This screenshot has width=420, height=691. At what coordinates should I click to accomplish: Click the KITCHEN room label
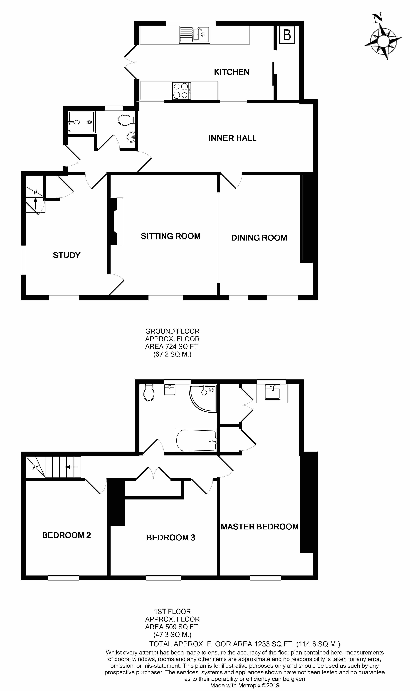tap(231, 72)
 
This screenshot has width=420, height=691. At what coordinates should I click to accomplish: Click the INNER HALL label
tap(232, 138)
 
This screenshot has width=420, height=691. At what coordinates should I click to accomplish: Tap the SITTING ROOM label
tap(171, 236)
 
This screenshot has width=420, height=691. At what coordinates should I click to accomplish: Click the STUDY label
tap(67, 255)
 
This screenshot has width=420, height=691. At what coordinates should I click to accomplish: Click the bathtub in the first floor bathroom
tap(196, 440)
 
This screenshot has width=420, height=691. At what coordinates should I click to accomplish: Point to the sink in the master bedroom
tap(272, 392)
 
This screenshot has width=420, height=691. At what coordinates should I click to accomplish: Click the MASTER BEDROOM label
tap(259, 527)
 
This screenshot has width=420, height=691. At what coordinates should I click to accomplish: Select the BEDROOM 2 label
tap(67, 535)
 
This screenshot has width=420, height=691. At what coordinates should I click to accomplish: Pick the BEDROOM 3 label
tap(171, 538)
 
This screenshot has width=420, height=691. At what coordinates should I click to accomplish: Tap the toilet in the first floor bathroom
tap(149, 392)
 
